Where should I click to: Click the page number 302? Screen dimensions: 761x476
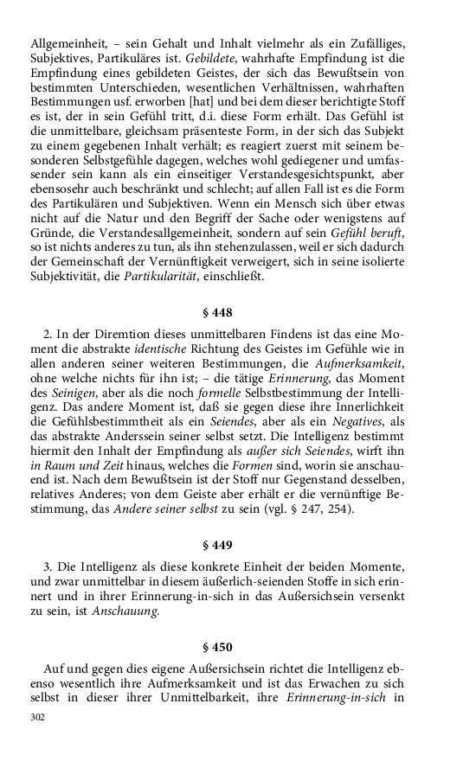tap(37, 717)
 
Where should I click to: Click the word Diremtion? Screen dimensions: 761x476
tap(113, 334)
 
